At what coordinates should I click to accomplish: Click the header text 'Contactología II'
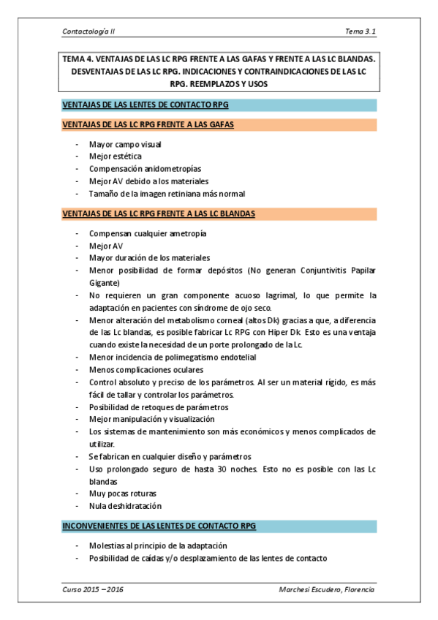[89, 32]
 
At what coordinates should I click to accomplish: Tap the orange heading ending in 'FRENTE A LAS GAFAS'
[148, 125]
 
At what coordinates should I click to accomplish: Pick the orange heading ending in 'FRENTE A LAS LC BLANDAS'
[159, 214]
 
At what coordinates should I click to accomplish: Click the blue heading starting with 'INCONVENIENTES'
[159, 526]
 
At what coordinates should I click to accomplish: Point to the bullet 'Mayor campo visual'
[126, 145]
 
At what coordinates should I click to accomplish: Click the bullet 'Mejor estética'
[116, 156]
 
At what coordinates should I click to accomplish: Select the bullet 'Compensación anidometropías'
[145, 169]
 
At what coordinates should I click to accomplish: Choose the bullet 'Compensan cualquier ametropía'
[148, 234]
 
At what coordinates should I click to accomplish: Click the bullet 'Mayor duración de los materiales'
[149, 258]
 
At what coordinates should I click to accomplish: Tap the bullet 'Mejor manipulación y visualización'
[151, 419]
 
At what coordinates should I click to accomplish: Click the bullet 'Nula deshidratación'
[125, 506]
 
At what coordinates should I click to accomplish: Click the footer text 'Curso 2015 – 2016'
[93, 589]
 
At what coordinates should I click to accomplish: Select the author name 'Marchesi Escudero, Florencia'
[327, 589]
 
